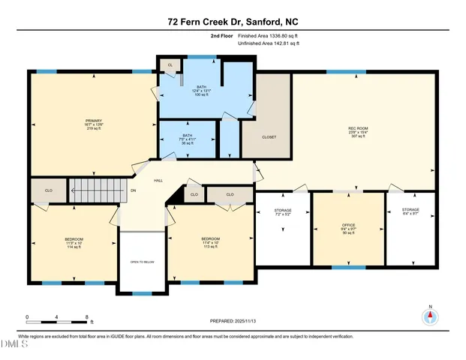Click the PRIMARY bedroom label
coord(94,124)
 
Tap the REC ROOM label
coord(356,132)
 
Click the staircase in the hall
coord(96,189)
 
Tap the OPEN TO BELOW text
coord(142,262)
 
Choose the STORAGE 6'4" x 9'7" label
coord(410,213)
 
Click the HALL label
coord(159,181)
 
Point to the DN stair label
coord(134,190)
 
